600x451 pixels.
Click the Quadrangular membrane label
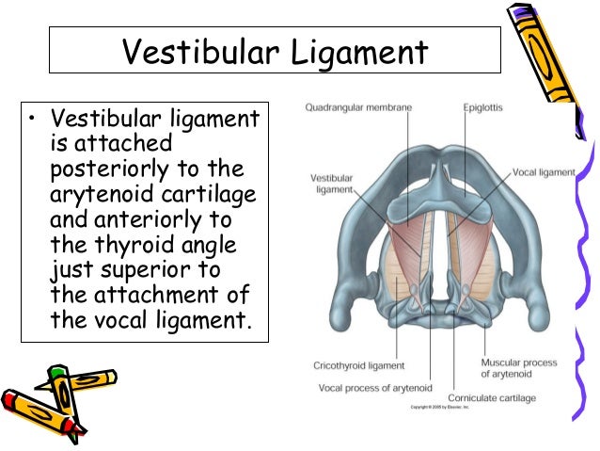point(358,108)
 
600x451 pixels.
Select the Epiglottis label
point(482,108)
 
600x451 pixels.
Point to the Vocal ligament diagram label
point(543,173)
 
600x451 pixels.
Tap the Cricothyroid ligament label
point(358,365)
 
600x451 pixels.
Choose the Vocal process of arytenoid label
point(374,387)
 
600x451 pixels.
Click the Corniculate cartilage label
point(492,398)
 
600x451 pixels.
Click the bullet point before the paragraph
point(32,120)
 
